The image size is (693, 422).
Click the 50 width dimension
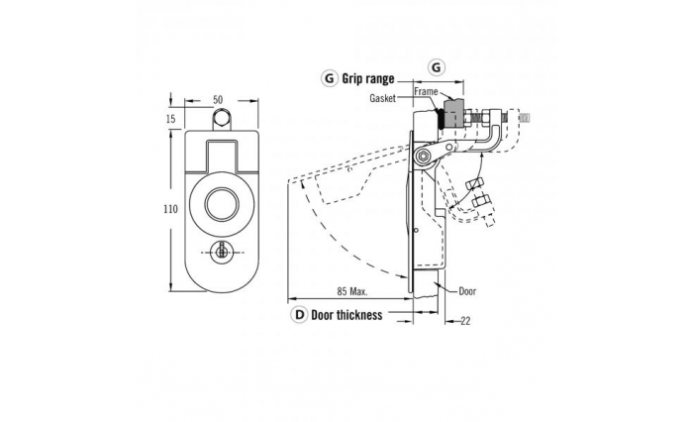coord(217,99)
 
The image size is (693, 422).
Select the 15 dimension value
coord(171,119)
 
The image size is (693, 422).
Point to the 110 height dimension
coord(171,209)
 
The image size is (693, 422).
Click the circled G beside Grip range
coord(329,77)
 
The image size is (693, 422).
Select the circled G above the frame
coord(437,65)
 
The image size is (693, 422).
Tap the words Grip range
coord(367,77)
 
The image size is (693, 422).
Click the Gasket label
coord(382,99)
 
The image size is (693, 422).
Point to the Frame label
coord(426,91)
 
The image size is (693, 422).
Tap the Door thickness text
coord(347,315)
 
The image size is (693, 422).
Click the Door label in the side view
coord(468,292)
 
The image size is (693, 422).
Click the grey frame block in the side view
coord(453,112)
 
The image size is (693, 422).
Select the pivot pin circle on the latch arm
coord(424,156)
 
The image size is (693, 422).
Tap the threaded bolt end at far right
coord(525,119)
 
